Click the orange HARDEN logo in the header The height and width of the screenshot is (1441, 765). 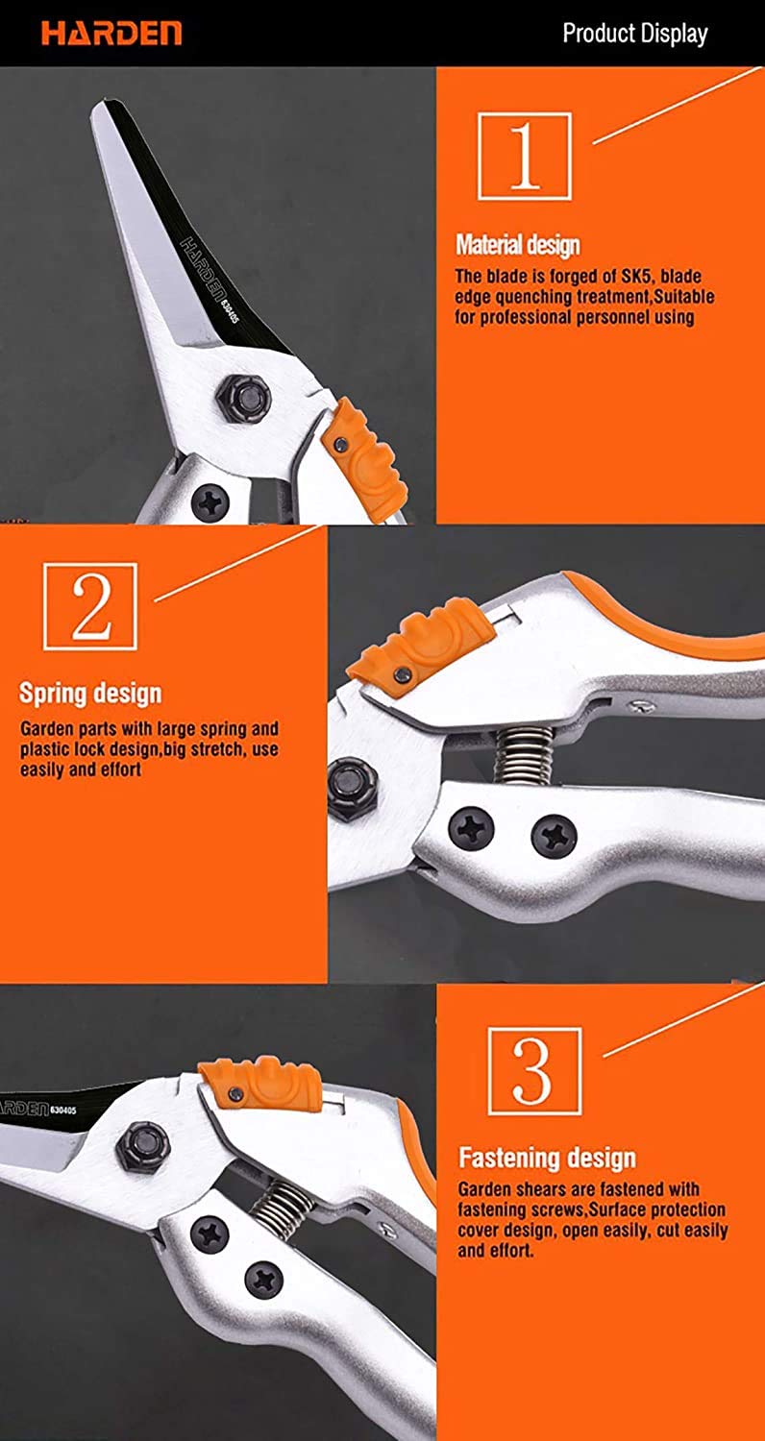pos(111,35)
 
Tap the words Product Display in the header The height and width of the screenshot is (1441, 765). pos(634,35)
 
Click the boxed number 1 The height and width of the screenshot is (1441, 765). pos(524,156)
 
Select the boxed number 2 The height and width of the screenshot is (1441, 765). pos(90,606)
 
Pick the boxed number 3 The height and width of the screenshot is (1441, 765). pos(533,1070)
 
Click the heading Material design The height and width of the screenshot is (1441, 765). pos(518,245)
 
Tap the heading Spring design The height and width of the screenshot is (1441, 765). pos(90,694)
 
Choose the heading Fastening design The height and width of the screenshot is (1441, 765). pos(547,1159)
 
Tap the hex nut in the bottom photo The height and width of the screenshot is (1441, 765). pos(138,1142)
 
